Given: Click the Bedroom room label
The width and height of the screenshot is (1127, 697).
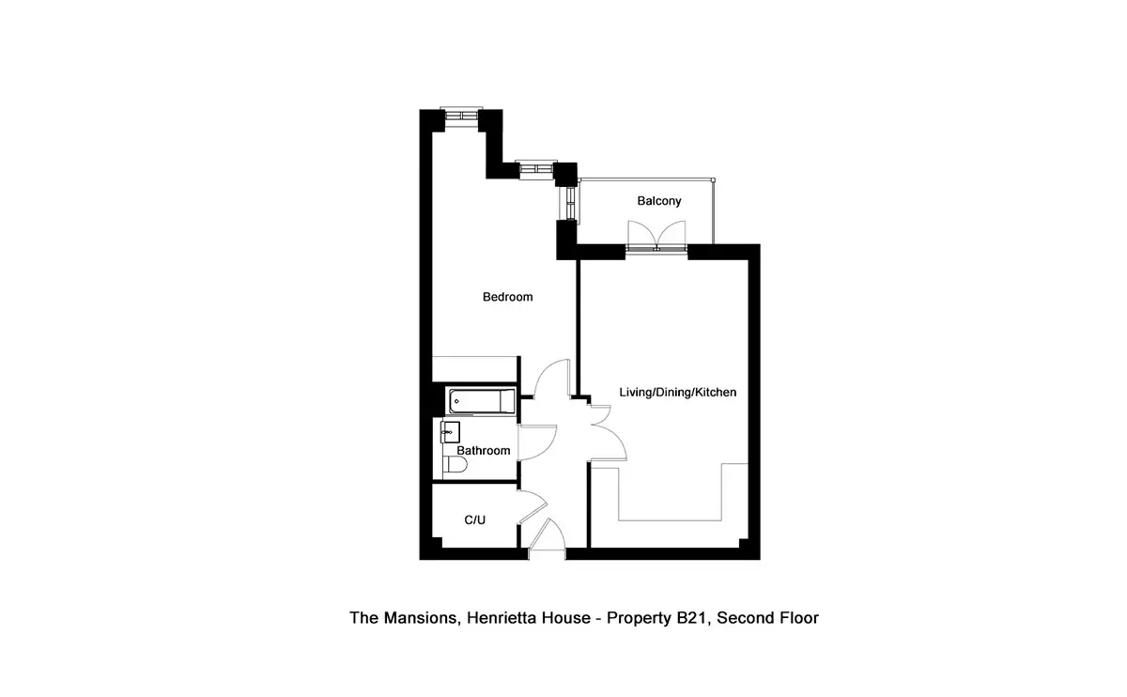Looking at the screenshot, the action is click(507, 297).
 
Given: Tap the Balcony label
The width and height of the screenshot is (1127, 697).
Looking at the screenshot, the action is click(659, 201).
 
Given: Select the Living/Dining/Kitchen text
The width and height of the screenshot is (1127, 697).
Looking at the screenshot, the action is click(678, 392).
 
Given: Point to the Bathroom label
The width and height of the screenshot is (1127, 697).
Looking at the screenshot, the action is click(483, 450).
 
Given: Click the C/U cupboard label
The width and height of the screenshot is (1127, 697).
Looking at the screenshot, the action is click(474, 519).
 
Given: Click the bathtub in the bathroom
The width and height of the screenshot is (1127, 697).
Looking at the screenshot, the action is click(482, 401).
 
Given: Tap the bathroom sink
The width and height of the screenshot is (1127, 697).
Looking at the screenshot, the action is click(450, 432).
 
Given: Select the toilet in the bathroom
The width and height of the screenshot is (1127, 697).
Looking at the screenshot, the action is click(455, 464).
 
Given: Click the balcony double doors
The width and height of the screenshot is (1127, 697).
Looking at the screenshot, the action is click(656, 236).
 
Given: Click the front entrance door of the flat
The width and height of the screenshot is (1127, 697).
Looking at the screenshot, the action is click(548, 534).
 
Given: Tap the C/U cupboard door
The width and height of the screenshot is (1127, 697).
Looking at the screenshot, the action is click(533, 506).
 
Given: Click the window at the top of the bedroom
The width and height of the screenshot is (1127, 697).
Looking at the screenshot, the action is click(461, 116).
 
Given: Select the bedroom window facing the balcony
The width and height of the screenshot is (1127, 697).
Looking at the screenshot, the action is click(571, 203).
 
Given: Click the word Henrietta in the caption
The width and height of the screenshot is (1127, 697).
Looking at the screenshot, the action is click(503, 618).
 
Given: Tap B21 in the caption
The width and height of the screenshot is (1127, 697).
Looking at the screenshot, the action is click(692, 618).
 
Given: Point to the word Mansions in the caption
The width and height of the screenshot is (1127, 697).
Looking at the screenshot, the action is click(422, 618).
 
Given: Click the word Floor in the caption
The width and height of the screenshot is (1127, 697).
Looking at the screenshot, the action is click(799, 618).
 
